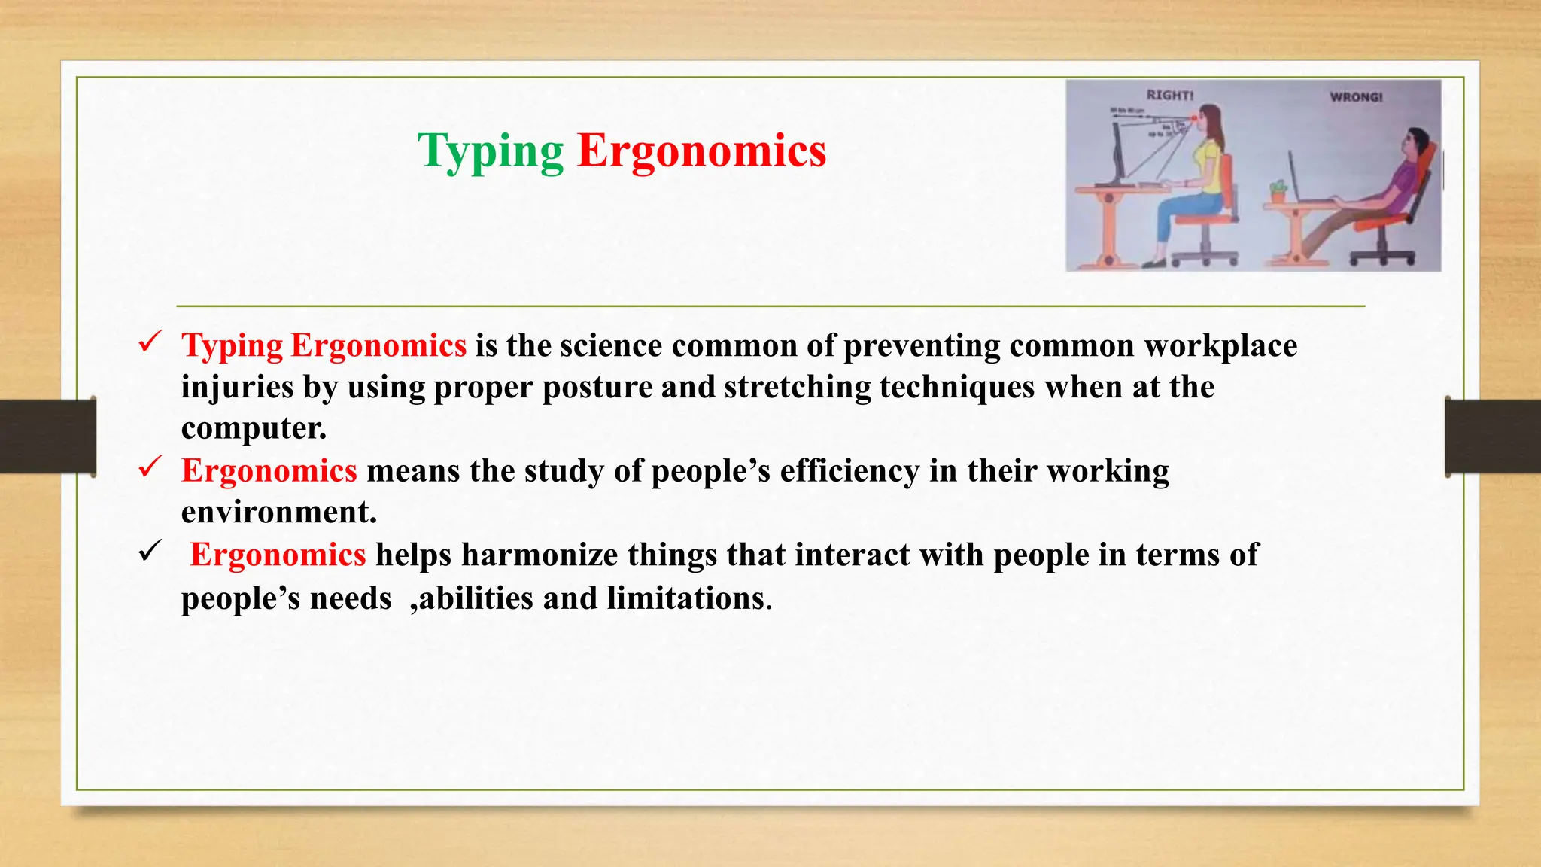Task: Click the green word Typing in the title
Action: tap(491, 151)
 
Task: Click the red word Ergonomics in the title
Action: tap(701, 151)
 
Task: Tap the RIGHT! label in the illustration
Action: tap(1169, 96)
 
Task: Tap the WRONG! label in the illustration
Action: tap(1356, 97)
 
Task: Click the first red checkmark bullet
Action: tap(150, 342)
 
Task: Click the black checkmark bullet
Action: tap(150, 552)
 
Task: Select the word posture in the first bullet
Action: tap(597, 387)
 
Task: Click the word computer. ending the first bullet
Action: tap(254, 428)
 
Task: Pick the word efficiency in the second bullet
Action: tap(849, 471)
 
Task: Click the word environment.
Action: tap(278, 513)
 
